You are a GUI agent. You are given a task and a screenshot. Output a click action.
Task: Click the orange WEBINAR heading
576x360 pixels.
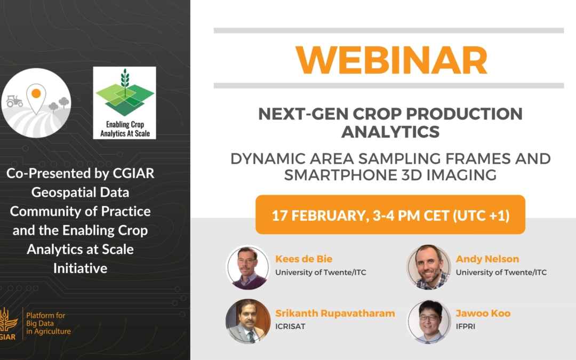[x=391, y=60]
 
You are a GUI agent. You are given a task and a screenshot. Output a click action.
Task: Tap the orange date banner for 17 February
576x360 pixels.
[x=390, y=214]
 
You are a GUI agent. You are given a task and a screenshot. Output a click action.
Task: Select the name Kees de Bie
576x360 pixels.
[x=304, y=259]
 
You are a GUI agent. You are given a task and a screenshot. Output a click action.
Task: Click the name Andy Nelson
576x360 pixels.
[x=487, y=259]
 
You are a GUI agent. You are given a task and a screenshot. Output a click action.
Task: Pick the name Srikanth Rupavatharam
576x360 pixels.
[x=335, y=314]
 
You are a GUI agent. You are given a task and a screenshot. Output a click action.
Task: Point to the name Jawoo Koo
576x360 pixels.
[x=483, y=314]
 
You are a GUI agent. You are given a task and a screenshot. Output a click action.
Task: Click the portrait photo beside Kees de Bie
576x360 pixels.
[x=248, y=267]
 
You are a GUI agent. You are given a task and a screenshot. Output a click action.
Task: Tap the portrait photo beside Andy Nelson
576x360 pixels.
[x=428, y=267]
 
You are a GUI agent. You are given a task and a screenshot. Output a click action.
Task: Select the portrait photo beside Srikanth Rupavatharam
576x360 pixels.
[x=248, y=322]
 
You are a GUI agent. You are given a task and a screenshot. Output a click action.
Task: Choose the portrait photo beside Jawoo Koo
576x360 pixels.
[x=428, y=322]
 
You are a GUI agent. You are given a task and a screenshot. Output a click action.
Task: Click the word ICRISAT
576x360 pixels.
[x=290, y=326]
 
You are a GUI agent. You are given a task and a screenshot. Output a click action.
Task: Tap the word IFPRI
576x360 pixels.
[x=466, y=326]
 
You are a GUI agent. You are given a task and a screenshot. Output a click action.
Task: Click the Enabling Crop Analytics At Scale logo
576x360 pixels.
[x=124, y=103]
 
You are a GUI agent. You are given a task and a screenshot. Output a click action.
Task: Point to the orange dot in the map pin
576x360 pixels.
[x=36, y=94]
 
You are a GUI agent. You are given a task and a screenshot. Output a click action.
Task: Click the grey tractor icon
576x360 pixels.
[x=14, y=101]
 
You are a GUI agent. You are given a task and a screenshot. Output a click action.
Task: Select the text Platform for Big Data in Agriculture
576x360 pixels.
[x=48, y=323]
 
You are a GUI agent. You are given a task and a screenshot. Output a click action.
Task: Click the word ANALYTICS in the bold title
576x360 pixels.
[x=390, y=132]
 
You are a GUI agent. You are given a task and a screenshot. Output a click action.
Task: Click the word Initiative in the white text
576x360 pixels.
[x=80, y=268]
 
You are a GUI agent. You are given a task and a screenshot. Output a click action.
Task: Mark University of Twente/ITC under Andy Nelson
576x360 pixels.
[x=501, y=273]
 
